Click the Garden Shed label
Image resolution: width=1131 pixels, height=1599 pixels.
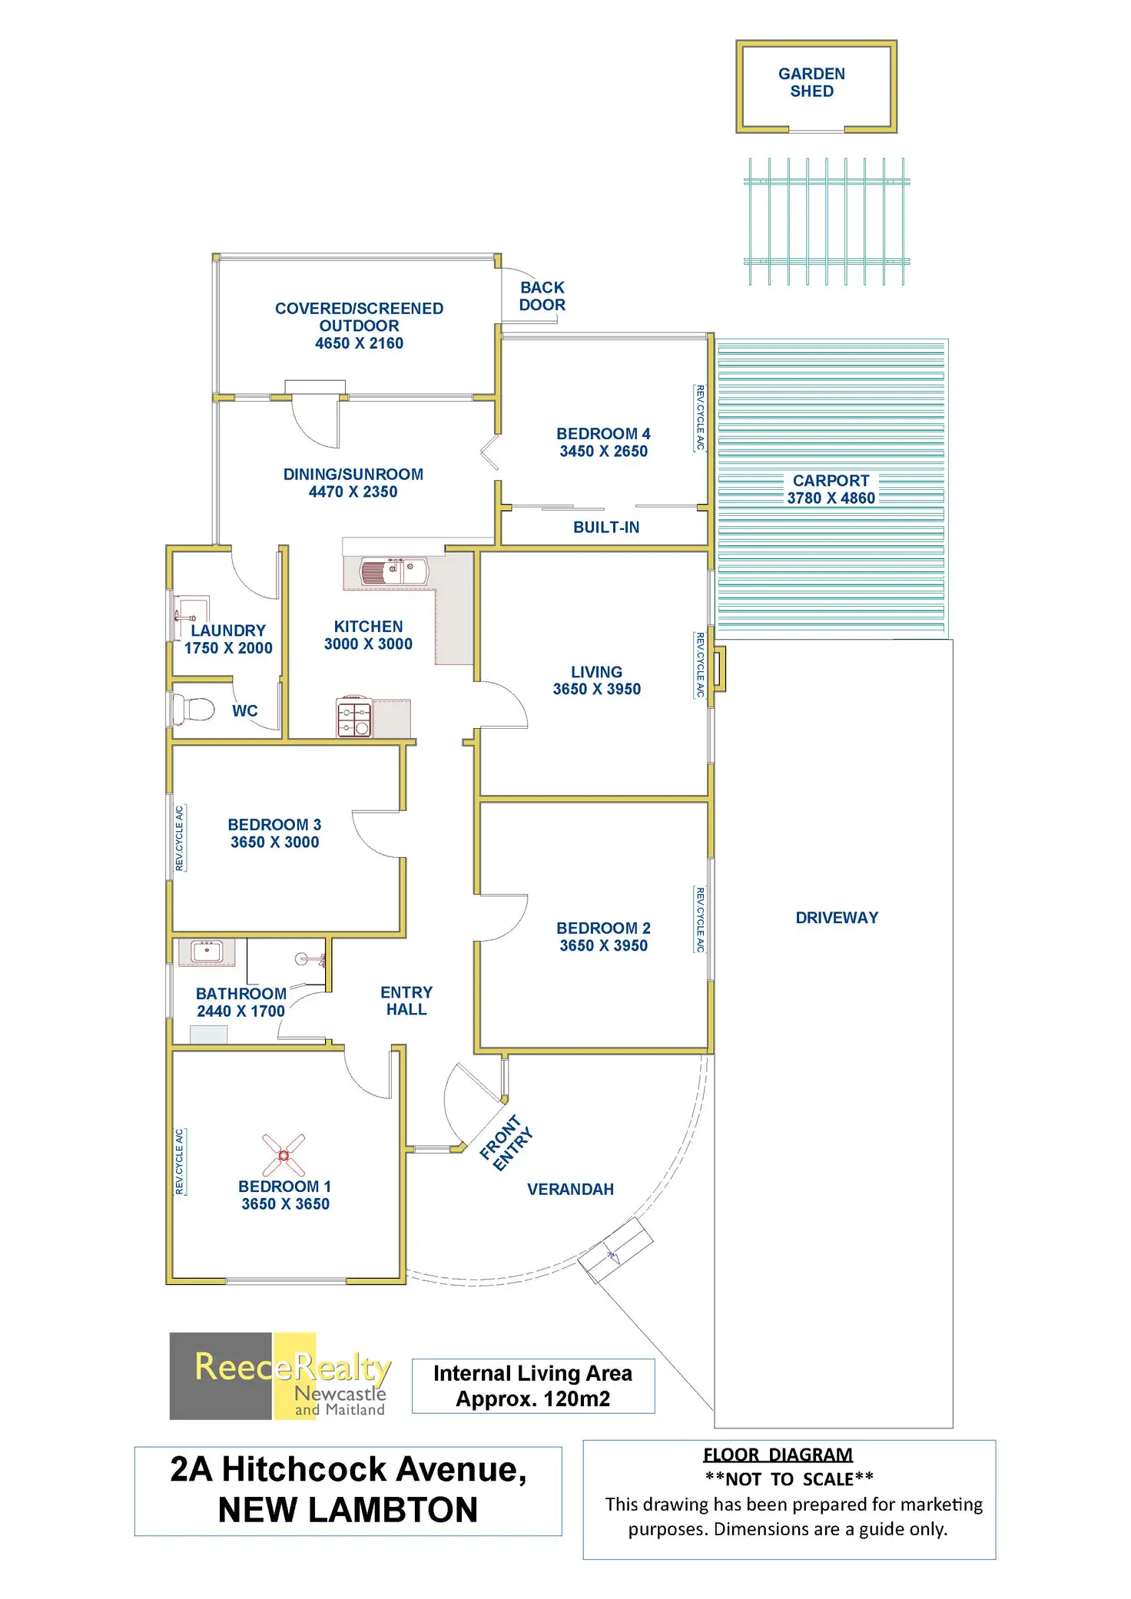tap(811, 82)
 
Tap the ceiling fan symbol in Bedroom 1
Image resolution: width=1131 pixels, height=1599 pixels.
tap(284, 1155)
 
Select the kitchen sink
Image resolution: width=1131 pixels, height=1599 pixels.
tap(394, 571)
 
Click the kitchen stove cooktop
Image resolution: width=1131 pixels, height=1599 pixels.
tap(354, 719)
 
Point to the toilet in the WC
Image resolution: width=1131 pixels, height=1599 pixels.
tap(194, 709)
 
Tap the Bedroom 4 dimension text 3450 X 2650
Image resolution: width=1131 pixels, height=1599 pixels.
tap(603, 452)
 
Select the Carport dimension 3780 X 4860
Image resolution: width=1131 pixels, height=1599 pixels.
tap(831, 498)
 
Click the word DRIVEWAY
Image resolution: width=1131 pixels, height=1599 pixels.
tap(837, 918)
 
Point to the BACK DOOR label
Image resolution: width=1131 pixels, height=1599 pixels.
tap(542, 296)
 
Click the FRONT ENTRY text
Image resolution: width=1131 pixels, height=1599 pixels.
tap(506, 1143)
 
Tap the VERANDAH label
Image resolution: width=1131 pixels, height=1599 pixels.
tap(570, 1190)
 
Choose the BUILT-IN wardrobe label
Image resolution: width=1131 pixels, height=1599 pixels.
tap(606, 528)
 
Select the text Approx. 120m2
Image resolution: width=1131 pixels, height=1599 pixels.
tap(532, 1399)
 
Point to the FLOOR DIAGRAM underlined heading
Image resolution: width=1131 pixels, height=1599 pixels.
tap(778, 1455)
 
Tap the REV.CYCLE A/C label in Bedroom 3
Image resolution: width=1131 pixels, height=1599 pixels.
tap(180, 838)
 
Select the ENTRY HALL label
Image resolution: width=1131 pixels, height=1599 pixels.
tap(406, 1001)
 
